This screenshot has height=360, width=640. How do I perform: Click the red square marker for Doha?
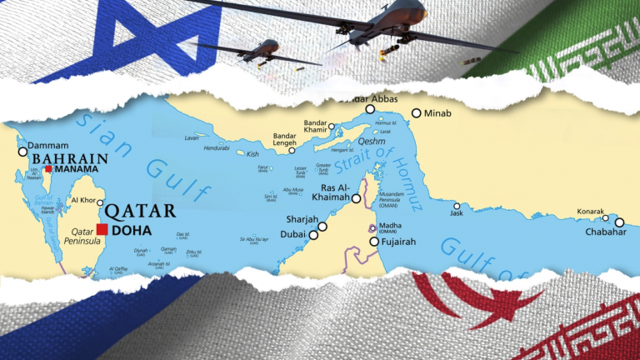pyautogui.click(x=102, y=230)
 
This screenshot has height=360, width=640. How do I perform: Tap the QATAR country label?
pyautogui.click(x=142, y=211)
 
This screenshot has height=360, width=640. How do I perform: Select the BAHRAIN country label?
pyautogui.click(x=70, y=158)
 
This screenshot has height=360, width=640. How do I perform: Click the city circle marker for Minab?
pyautogui.click(x=416, y=113)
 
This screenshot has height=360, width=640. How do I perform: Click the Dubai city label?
pyautogui.click(x=292, y=236)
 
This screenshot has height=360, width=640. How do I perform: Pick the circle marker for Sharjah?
pyautogui.click(x=322, y=226)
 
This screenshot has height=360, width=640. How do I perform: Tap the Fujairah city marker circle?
pyautogui.click(x=374, y=242)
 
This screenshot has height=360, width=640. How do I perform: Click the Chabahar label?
pyautogui.click(x=605, y=232)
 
